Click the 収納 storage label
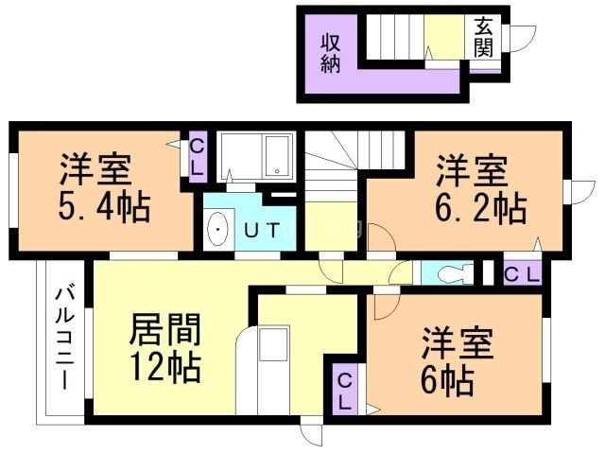pos(330,55)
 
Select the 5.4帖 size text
pos(104,206)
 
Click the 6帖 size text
pos(447,380)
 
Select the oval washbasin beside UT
pos(218,230)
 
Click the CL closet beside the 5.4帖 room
pos(198,156)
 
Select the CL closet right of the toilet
pos(521,274)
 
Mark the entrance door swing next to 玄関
pos(519,38)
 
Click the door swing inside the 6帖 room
pos(387,305)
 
